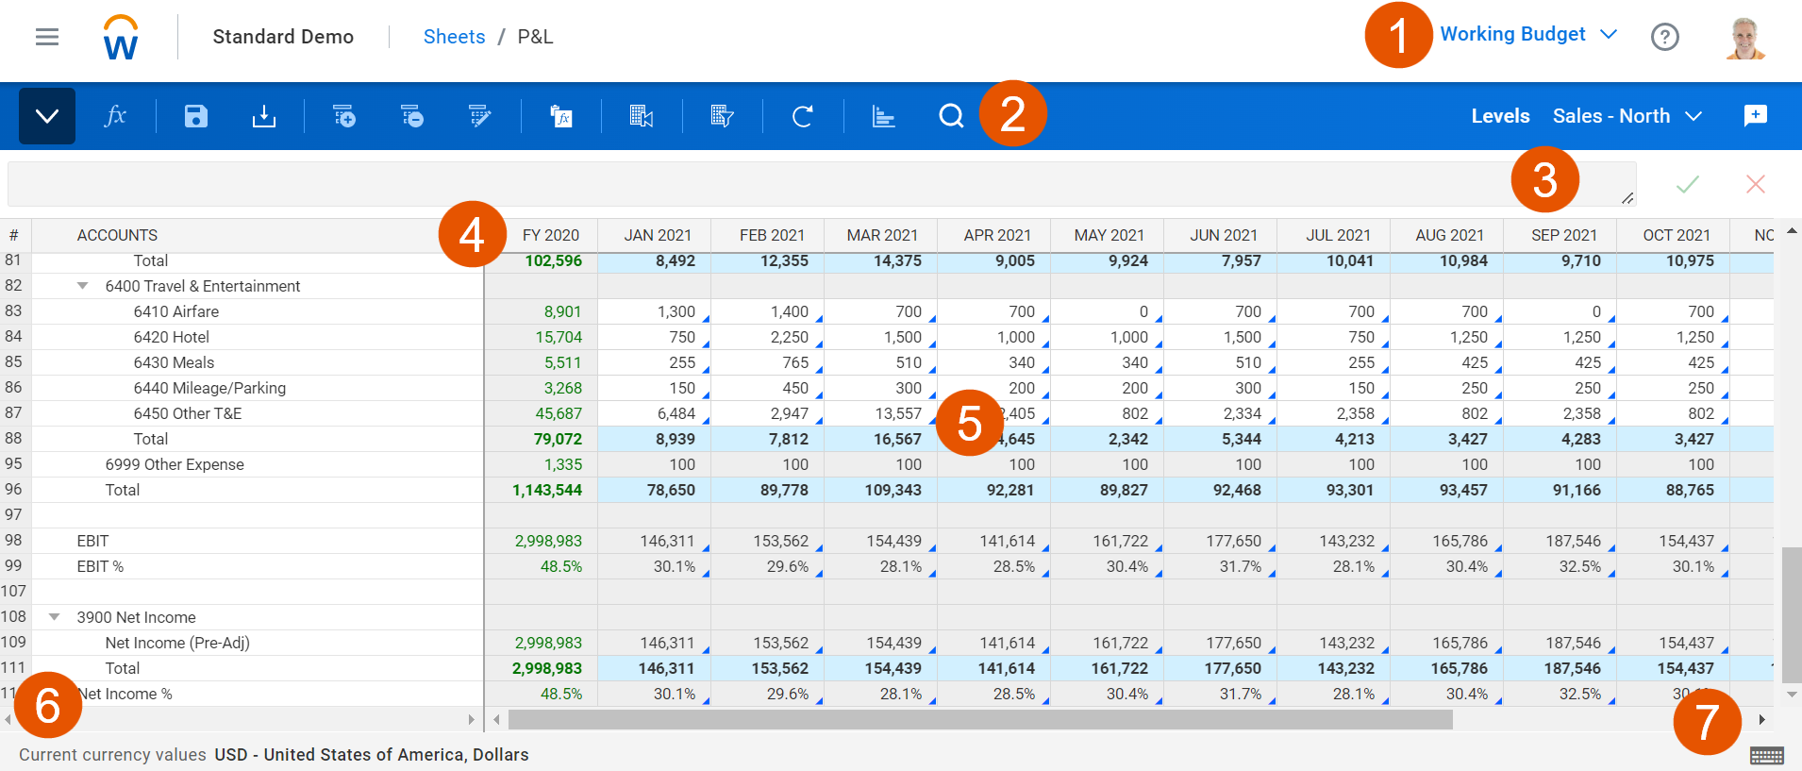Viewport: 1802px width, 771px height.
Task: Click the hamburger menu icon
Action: (x=47, y=37)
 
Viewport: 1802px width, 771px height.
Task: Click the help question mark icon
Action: (x=1665, y=37)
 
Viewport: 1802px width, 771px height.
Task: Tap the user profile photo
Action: (x=1745, y=38)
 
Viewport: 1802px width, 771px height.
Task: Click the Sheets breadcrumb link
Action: (x=454, y=37)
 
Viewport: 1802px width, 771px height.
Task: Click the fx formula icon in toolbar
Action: (x=115, y=116)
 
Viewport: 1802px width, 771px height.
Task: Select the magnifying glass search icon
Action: (x=951, y=116)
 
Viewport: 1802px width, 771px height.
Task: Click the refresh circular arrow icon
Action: (x=803, y=116)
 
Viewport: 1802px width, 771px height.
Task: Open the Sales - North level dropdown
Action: (x=1627, y=116)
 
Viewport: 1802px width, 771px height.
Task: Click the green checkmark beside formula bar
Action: (x=1688, y=184)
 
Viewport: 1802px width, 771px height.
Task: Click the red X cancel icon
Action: (x=1756, y=184)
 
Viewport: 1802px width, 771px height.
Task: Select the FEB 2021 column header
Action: (x=772, y=235)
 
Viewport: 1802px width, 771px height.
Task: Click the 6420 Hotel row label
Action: (x=171, y=337)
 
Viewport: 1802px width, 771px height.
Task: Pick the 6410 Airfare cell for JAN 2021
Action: (x=655, y=311)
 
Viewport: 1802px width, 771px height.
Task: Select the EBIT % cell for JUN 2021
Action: (x=1221, y=566)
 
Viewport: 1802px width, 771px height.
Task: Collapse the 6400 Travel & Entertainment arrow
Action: (x=83, y=286)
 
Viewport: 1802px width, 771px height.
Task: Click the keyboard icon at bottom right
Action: (x=1767, y=755)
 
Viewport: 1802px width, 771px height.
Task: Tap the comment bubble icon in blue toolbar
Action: (x=1756, y=115)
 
